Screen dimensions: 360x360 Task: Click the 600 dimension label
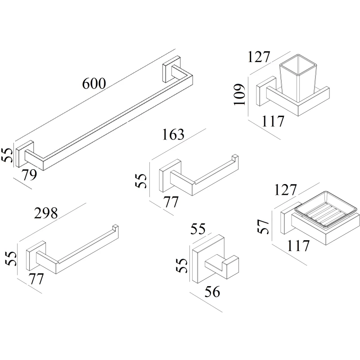(x=94, y=83)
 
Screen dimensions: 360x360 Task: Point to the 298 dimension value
(x=46, y=214)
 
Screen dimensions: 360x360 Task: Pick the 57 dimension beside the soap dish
(x=265, y=226)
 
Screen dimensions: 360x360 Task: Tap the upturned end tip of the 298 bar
(x=116, y=227)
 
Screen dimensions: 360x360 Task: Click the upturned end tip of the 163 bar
(x=235, y=158)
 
